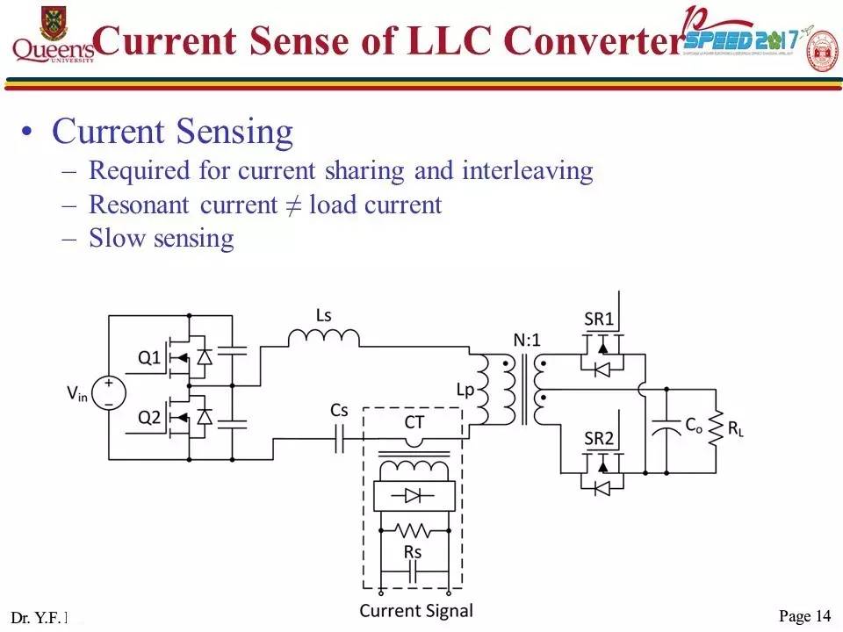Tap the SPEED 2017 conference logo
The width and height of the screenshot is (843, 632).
pyautogui.click(x=742, y=39)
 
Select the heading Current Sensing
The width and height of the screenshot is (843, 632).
pyautogui.click(x=172, y=132)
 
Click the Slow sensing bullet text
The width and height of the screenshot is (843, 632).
pyautogui.click(x=161, y=238)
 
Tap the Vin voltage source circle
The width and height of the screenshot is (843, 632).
pyautogui.click(x=109, y=392)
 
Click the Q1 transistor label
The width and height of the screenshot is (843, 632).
pyautogui.click(x=149, y=357)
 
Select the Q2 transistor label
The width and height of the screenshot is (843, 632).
pyautogui.click(x=149, y=418)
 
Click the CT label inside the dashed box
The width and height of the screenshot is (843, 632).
pyautogui.click(x=414, y=422)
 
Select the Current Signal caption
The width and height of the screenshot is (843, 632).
pyautogui.click(x=415, y=611)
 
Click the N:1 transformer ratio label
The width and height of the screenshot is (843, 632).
pyautogui.click(x=528, y=340)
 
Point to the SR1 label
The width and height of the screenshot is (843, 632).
pyautogui.click(x=599, y=320)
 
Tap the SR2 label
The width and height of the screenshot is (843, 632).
pyautogui.click(x=599, y=438)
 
